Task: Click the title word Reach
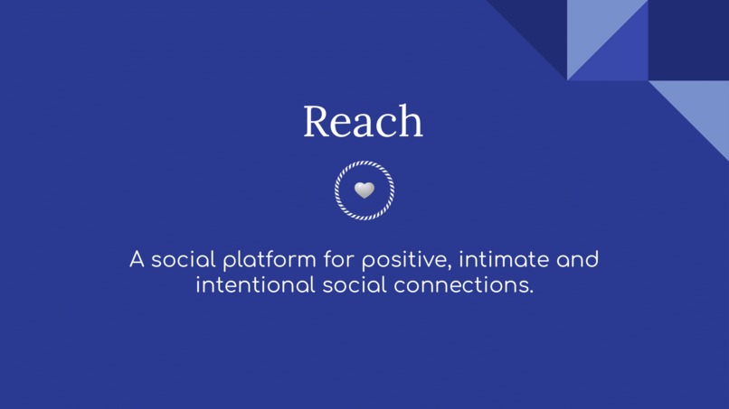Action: (363, 121)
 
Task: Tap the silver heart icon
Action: (364, 190)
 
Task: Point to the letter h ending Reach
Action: (411, 122)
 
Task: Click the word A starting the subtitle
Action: (137, 261)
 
